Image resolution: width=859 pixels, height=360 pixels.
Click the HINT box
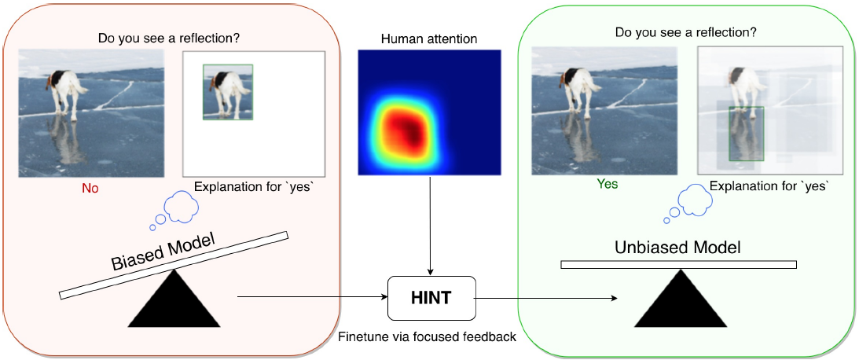coord(431,298)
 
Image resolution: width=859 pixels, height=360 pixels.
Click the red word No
coord(90,189)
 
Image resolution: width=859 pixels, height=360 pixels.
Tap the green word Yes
coord(608,185)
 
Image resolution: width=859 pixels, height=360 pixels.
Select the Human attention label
coord(429,39)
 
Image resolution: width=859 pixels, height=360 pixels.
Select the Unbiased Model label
coord(677,247)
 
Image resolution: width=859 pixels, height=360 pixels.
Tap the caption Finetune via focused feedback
coord(428,336)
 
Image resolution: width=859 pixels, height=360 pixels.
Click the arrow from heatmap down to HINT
coord(430,226)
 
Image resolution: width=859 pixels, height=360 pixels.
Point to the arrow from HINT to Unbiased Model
coord(545,298)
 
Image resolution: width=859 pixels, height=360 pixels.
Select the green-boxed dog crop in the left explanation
coord(228,91)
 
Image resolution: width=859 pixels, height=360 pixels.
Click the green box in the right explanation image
coord(746,134)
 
